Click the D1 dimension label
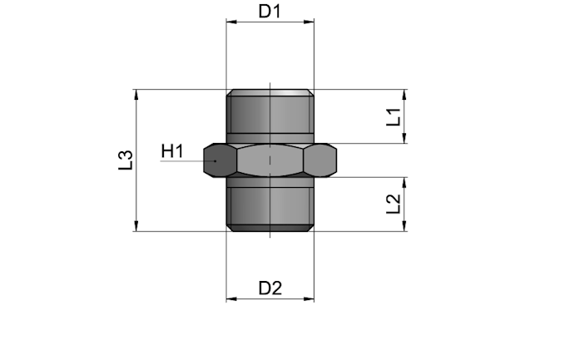[x=270, y=11]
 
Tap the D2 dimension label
[x=270, y=288]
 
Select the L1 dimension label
[x=393, y=117]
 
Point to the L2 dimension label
[x=393, y=204]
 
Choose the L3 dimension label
[x=126, y=160]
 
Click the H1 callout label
[x=172, y=151]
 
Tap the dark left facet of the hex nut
[x=220, y=160]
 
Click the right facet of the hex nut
[x=320, y=160]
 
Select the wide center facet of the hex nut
[x=270, y=160]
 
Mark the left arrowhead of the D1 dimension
[x=231, y=22]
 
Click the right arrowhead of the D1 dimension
[x=309, y=22]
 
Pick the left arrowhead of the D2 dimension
[x=231, y=298]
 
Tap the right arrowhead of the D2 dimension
[x=309, y=298]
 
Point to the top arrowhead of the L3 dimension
[x=136, y=95]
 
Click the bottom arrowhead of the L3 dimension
[x=136, y=226]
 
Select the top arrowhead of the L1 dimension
[x=405, y=95]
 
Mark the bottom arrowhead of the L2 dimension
[x=405, y=226]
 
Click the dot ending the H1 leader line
[x=215, y=160]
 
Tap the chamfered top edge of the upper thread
[x=270, y=92]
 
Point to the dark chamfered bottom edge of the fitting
[x=270, y=228]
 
